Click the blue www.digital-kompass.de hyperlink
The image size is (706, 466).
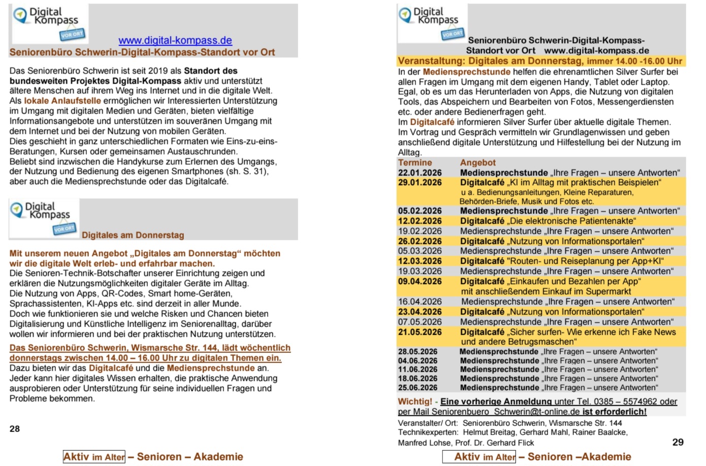coord(175,41)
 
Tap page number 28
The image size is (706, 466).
coord(15,429)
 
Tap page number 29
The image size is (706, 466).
coord(678,442)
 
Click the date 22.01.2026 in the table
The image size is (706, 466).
coord(420,173)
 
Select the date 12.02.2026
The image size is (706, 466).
coord(420,221)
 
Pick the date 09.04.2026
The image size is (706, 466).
coord(420,281)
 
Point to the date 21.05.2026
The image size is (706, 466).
coord(420,332)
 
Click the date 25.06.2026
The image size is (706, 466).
coord(418,387)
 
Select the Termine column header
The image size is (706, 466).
coord(415,162)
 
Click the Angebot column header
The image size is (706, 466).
coord(477,162)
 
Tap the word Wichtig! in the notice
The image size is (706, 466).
coord(414,402)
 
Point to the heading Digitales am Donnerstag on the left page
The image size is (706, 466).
coord(133,235)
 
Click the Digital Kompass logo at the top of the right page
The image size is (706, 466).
coord(432,23)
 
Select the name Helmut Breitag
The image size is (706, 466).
coord(487,432)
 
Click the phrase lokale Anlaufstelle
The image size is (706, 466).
coord(62,101)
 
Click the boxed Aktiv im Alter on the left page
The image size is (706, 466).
coord(94,457)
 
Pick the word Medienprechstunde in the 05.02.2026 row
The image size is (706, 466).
coord(504,211)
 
